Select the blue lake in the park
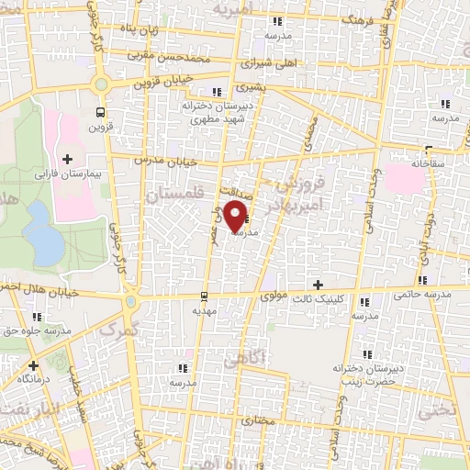pos(40,229)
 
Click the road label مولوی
pos(275,296)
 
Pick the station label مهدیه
pos(203,311)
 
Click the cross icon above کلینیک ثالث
pos(319,285)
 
